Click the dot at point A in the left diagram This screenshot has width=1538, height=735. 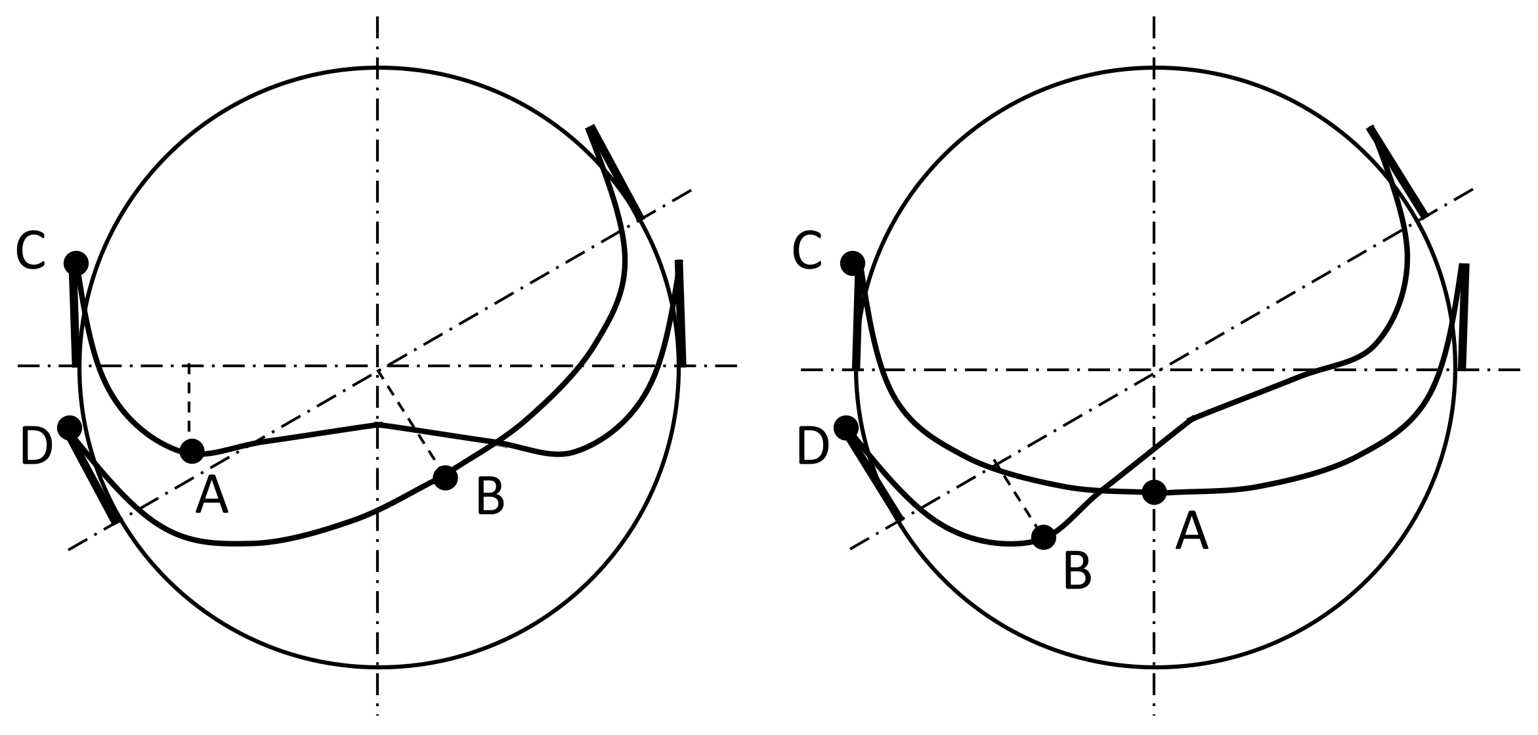point(192,451)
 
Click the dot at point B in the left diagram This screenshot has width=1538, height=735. point(445,478)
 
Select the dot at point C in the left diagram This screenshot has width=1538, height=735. point(76,263)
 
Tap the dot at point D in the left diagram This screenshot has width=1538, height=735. point(69,428)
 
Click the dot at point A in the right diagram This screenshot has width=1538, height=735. point(1154,492)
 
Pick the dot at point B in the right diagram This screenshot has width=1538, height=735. point(1044,537)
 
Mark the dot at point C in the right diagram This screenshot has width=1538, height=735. point(853,263)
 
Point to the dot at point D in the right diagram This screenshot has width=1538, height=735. point(845,428)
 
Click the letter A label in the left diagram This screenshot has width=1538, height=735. point(211,496)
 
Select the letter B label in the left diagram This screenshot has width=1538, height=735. point(490,497)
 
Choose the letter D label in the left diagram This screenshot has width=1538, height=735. point(36,447)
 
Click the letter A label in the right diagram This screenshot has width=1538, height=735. point(1191,532)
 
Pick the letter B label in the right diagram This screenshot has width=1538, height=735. point(1077,571)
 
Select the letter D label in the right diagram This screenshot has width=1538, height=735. point(813,447)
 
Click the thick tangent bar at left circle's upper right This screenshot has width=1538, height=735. point(616,172)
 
